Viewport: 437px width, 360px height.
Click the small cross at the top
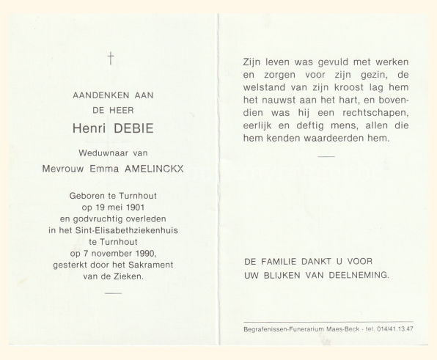point(110,59)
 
